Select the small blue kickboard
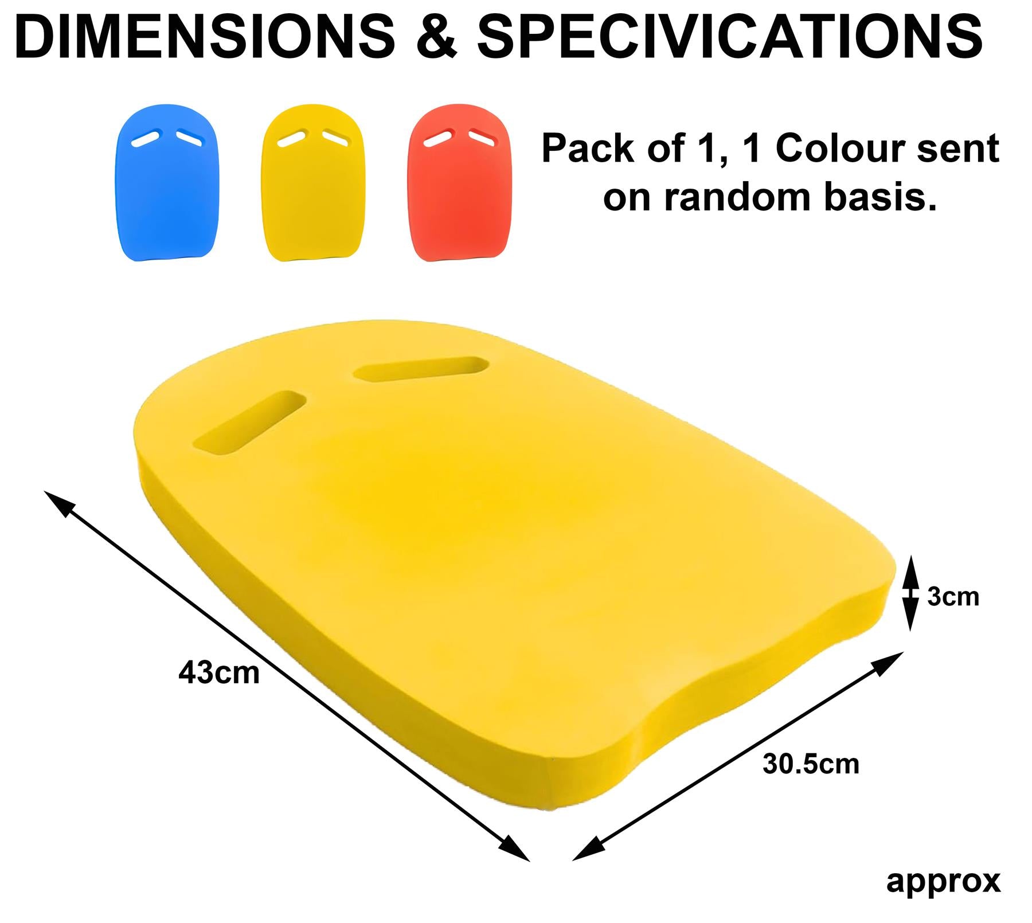(x=167, y=183)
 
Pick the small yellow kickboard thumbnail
(x=313, y=183)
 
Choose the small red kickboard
(x=459, y=183)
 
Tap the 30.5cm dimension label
(x=811, y=764)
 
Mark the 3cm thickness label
(x=953, y=597)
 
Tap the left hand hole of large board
(x=249, y=424)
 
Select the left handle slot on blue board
(x=146, y=138)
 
